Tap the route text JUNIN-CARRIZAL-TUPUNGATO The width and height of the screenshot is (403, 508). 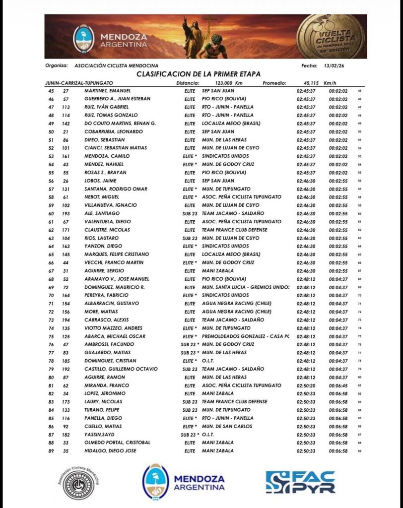pos(79,83)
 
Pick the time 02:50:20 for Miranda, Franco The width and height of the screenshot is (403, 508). pos(304,385)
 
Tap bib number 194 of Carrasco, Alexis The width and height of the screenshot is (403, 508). pos(66,319)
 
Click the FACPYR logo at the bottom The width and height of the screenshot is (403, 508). pos(300,481)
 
